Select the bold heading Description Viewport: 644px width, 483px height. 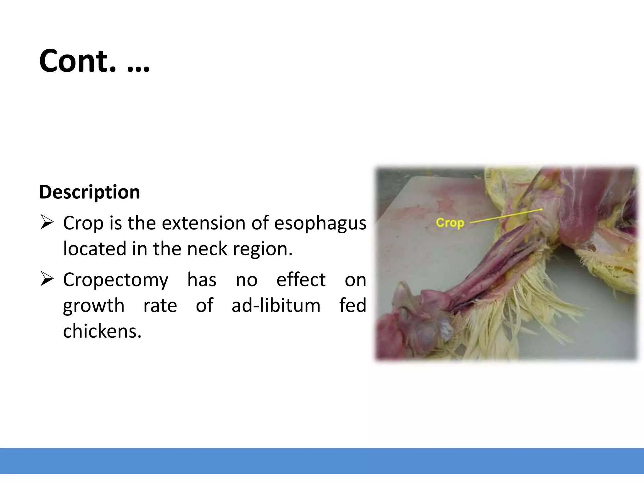89,192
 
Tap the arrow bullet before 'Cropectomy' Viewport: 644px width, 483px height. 47,280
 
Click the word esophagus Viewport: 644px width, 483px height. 320,224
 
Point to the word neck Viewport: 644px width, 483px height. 208,249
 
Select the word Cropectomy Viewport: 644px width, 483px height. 116,280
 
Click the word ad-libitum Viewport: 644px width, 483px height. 276,305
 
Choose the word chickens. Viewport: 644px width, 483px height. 102,331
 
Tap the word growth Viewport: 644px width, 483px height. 93,306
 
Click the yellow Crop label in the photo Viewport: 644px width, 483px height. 450,223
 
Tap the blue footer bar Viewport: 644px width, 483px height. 322,461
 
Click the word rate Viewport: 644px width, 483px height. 160,306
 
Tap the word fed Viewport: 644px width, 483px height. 353,305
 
